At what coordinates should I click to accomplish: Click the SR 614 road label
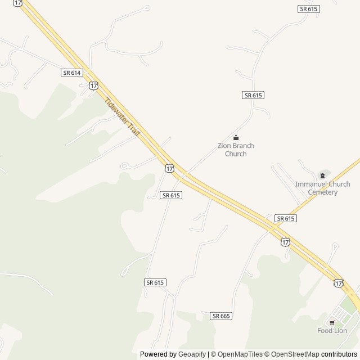point(72,73)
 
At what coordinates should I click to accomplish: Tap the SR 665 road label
point(221,316)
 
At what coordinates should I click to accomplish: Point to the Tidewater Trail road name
point(121,116)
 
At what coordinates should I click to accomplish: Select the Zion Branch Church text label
point(236,150)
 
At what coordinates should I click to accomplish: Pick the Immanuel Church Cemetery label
point(322,188)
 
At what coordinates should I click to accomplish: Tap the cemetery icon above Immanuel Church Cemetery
point(322,175)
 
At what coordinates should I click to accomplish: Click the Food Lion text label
point(332,331)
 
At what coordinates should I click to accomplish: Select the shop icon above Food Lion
point(332,323)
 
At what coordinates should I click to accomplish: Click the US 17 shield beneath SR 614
point(93,85)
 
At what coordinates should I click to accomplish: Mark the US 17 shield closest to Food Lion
point(338,283)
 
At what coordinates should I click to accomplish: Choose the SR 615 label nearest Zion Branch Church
point(253,95)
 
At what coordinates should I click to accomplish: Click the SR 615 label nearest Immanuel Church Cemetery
point(285,218)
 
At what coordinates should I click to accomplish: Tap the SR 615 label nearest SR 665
point(155,282)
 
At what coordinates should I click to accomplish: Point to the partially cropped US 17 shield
point(18,3)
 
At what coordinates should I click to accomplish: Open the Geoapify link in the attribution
point(192,354)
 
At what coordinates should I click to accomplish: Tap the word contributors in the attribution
point(339,354)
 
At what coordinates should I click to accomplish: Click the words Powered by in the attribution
point(158,354)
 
